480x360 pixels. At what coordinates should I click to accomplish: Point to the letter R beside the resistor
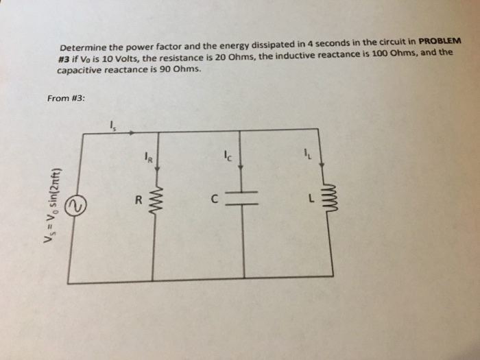coord(138,202)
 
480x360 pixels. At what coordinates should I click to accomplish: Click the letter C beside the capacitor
coord(215,201)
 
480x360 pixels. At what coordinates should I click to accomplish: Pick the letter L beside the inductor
coord(311,199)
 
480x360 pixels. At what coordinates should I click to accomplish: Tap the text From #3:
coord(67,99)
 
